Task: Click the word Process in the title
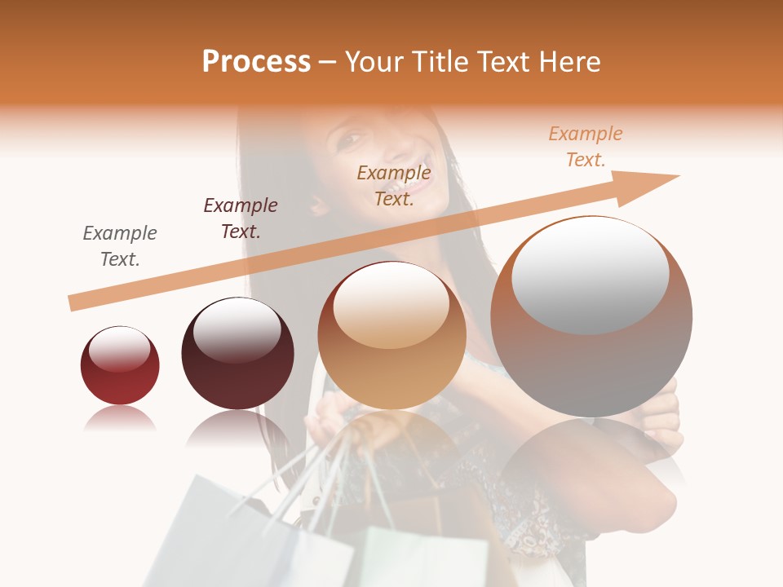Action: pos(256,62)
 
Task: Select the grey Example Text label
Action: pos(120,246)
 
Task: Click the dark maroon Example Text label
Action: pos(241,218)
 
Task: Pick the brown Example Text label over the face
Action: pos(394,186)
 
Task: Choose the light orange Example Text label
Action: pos(586,147)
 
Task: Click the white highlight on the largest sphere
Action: pos(591,273)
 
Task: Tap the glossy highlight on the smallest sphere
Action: pos(120,349)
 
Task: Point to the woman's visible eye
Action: pos(348,140)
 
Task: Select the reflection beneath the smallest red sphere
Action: pos(120,417)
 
